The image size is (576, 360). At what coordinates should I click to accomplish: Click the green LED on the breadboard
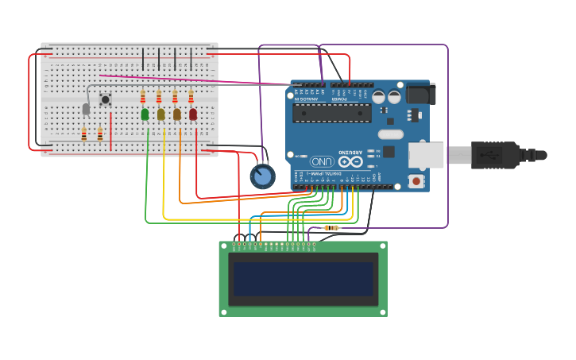[145, 114]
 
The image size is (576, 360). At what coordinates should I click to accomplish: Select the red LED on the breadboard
[192, 114]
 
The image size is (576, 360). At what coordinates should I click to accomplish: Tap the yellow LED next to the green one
[160, 114]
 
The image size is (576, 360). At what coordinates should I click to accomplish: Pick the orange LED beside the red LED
[176, 114]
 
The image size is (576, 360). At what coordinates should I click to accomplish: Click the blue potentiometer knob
[262, 176]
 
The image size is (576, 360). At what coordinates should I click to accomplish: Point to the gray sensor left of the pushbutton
[86, 109]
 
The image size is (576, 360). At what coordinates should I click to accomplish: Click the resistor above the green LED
[143, 97]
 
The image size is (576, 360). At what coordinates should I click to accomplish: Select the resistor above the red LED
[191, 97]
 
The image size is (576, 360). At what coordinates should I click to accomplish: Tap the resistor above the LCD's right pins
[331, 228]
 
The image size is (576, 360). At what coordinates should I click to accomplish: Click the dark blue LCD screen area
[303, 279]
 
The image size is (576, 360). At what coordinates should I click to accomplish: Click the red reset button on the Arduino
[416, 181]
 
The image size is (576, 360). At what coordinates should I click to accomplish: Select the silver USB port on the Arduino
[426, 155]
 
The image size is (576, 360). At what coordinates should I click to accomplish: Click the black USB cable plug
[496, 154]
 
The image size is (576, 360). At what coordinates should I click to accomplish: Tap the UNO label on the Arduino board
[322, 161]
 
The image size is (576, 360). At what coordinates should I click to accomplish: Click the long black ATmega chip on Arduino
[331, 113]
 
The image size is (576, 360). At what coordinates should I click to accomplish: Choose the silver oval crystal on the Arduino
[390, 134]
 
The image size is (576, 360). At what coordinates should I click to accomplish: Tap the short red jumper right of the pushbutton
[110, 130]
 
